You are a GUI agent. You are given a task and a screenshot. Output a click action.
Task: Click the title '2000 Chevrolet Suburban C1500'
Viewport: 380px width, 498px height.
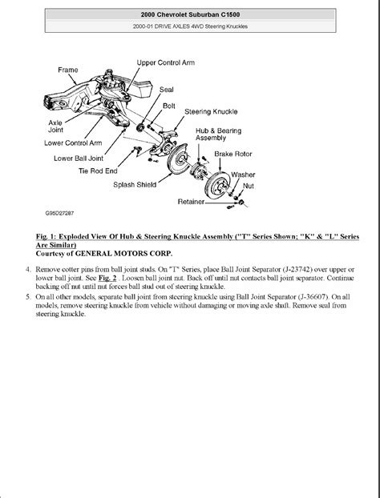point(190,14)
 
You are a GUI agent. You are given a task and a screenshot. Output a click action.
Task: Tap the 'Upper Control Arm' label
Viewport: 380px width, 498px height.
point(166,62)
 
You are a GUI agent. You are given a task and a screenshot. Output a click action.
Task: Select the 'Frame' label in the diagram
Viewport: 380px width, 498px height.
point(68,70)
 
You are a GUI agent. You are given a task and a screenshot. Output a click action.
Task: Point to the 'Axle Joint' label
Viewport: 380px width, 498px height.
point(55,126)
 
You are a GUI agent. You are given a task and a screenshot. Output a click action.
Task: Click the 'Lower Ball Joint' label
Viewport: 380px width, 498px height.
point(79,159)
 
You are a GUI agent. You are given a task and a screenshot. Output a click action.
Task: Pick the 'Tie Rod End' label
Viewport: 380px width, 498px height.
point(98,171)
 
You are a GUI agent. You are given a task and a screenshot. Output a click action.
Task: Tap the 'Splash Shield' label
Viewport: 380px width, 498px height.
point(135,184)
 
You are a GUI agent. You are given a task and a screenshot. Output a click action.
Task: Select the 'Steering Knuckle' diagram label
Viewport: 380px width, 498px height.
point(211,112)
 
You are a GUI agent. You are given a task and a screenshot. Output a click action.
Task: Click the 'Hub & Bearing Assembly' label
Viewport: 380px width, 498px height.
point(219,134)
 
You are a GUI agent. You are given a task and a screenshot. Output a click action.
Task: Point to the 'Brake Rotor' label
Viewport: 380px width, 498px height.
point(233,154)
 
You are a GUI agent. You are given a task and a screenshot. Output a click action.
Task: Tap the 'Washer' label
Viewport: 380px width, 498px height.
point(243,175)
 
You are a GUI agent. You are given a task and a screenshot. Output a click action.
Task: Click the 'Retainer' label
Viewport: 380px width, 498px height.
point(191,202)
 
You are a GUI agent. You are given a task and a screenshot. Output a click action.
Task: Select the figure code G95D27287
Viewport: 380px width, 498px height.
point(59,213)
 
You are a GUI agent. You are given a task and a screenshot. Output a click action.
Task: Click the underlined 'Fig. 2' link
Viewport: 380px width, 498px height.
point(107,278)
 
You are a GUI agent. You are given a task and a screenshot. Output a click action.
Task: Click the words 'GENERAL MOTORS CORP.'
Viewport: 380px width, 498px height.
point(124,254)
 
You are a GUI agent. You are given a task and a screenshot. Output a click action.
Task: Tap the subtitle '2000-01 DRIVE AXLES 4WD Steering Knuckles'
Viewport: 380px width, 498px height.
point(190,26)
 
